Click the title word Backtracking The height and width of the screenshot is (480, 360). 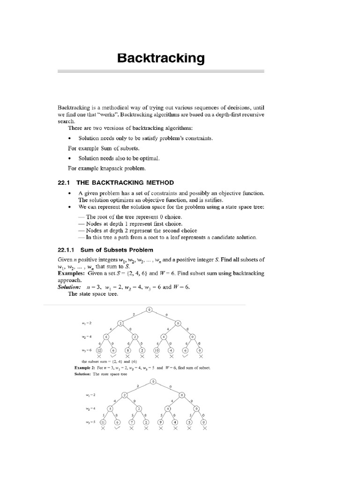(161, 58)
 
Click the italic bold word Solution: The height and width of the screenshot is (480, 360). (69, 287)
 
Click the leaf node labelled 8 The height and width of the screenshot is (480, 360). (127, 351)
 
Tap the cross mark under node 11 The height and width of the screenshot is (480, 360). (103, 429)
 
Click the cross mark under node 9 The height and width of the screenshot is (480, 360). (160, 429)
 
